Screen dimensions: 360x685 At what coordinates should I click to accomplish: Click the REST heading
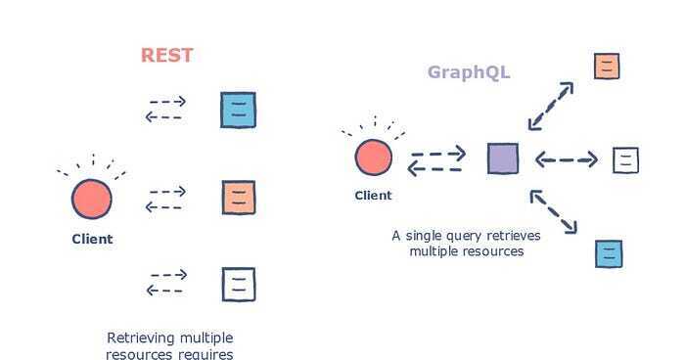pyautogui.click(x=167, y=55)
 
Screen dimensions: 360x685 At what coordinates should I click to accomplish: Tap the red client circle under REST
pyautogui.click(x=92, y=200)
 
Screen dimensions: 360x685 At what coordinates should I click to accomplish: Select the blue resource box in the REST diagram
pyautogui.click(x=238, y=110)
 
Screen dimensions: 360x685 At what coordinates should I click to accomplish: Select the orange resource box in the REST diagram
pyautogui.click(x=238, y=198)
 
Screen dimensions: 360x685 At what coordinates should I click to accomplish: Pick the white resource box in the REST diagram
pyautogui.click(x=238, y=284)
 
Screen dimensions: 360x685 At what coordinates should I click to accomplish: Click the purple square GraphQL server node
pyautogui.click(x=503, y=157)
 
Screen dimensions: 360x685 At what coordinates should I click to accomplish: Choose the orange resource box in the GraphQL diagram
pyautogui.click(x=607, y=66)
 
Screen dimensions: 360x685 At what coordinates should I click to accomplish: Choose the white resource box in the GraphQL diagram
pyautogui.click(x=625, y=159)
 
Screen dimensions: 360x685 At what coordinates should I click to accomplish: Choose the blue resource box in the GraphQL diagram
pyautogui.click(x=609, y=253)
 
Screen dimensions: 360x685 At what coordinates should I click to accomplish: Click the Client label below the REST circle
pyautogui.click(x=92, y=239)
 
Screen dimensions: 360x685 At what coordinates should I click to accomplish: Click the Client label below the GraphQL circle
pyautogui.click(x=373, y=195)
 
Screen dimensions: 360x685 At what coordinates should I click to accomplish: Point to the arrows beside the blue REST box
pyautogui.click(x=165, y=109)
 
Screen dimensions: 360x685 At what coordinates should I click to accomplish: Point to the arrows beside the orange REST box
pyautogui.click(x=165, y=198)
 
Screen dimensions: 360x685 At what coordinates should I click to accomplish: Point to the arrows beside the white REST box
pyautogui.click(x=165, y=282)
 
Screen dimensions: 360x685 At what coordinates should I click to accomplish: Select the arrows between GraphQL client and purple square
pyautogui.click(x=437, y=160)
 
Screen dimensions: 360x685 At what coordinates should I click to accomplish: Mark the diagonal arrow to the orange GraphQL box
pyautogui.click(x=551, y=106)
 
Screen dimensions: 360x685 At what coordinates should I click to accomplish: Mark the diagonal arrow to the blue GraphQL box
pyautogui.click(x=553, y=212)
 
